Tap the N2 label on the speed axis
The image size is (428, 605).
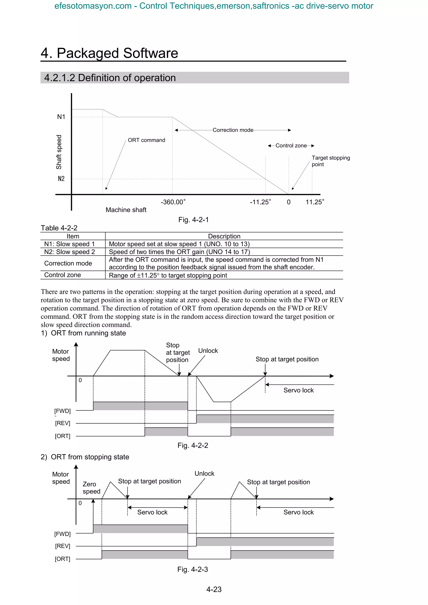(x=61, y=179)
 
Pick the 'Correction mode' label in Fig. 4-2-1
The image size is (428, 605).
(x=233, y=130)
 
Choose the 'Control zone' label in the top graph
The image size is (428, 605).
(x=291, y=146)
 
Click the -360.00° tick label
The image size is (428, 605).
(x=173, y=202)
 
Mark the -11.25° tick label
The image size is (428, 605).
(x=260, y=202)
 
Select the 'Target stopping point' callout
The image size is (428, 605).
(x=330, y=161)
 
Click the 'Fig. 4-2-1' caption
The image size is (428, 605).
(x=193, y=220)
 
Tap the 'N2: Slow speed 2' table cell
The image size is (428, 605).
(x=69, y=252)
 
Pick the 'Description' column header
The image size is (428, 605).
(x=224, y=236)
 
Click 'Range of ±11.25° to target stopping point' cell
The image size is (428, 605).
(x=168, y=275)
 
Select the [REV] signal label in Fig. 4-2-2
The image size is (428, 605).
(x=62, y=423)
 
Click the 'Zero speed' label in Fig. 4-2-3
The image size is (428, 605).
(x=91, y=488)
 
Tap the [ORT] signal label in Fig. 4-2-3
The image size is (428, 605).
(x=62, y=559)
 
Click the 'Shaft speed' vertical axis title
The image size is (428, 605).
(x=59, y=152)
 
